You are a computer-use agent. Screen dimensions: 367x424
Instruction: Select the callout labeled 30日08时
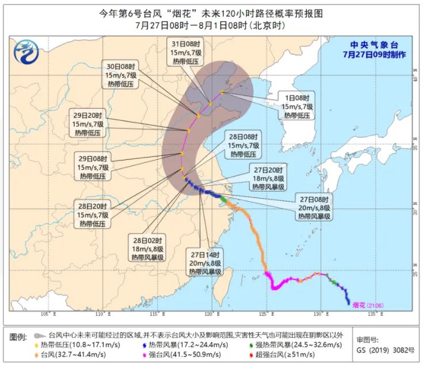coord(121,75)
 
